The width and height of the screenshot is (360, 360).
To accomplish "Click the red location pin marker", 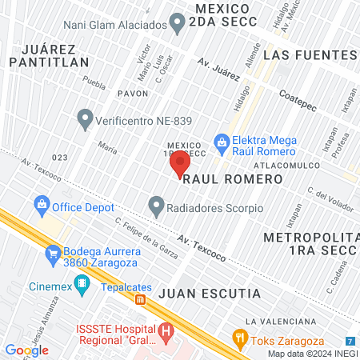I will [x=180, y=162].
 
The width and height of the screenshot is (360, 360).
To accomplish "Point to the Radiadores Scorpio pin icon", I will [x=157, y=207].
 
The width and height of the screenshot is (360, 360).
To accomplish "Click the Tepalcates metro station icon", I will [x=141, y=300].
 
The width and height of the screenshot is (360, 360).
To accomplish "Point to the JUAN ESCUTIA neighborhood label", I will [x=210, y=294].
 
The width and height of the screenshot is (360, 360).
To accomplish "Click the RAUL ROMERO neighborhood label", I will [x=233, y=180].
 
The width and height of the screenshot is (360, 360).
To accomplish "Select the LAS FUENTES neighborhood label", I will [x=309, y=55].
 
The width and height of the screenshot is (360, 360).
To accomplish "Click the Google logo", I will [x=26, y=350].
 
